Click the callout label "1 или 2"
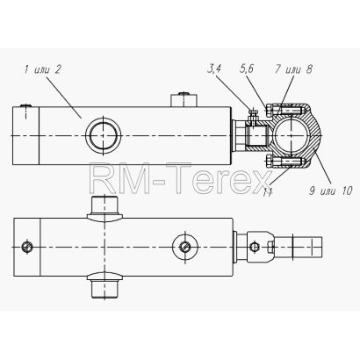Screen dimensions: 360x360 pos(43,70)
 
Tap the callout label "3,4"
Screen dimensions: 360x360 pos(213,69)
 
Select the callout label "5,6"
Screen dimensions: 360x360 pos(246,68)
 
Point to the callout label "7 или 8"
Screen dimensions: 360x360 pos(293,69)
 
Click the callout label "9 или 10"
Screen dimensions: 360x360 pos(330,191)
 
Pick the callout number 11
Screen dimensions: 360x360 pos(268,192)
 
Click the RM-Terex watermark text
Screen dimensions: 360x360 pos(181,178)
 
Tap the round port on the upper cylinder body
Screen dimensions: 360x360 pos(104,136)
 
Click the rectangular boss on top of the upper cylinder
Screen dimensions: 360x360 pos(184,100)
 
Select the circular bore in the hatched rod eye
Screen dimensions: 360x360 pos(291,136)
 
